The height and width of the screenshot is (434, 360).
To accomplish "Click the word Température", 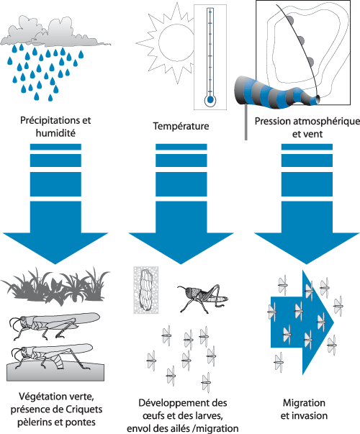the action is click(x=181, y=126).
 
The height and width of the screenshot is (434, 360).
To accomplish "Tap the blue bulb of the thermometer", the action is click(x=210, y=99).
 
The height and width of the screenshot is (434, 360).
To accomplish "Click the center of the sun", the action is click(x=176, y=42).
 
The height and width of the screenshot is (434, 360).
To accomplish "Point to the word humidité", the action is click(x=55, y=133).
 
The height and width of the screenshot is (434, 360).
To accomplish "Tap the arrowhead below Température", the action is click(x=181, y=246).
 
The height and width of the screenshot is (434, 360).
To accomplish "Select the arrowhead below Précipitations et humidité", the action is click(x=55, y=246).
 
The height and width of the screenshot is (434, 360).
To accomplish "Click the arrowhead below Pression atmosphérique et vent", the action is click(x=307, y=246).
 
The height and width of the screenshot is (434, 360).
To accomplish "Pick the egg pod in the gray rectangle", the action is click(x=145, y=290).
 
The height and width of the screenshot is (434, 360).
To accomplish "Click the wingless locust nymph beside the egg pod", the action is click(x=203, y=298).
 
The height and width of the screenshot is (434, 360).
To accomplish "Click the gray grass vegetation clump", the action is click(x=55, y=286).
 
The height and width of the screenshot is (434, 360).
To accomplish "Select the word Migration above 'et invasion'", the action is click(x=304, y=403).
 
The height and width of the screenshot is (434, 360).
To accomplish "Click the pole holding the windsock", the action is click(x=246, y=122).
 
